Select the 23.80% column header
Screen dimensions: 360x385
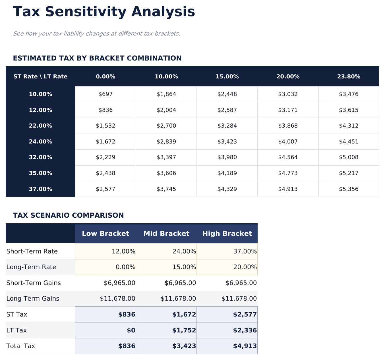349,76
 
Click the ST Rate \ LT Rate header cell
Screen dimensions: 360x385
40,76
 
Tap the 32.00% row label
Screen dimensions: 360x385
40,157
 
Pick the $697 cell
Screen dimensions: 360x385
105,94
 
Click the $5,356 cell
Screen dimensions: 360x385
349,189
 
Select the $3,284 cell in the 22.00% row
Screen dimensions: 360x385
227,126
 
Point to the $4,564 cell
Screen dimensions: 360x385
288,157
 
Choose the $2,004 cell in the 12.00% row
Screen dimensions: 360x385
166,110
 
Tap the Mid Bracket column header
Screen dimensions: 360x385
166,234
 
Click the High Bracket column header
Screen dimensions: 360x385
227,234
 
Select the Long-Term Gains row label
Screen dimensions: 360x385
33,299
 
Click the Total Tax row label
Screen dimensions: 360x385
20,346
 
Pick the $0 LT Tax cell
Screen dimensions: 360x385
131,330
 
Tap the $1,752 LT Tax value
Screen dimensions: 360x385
184,330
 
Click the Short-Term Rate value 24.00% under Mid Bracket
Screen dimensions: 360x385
184,251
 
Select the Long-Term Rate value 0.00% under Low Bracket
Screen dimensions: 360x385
123,267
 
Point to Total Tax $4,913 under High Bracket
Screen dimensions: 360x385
245,346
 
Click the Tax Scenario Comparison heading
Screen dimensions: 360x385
68,215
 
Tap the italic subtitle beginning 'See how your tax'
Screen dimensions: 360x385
97,34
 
